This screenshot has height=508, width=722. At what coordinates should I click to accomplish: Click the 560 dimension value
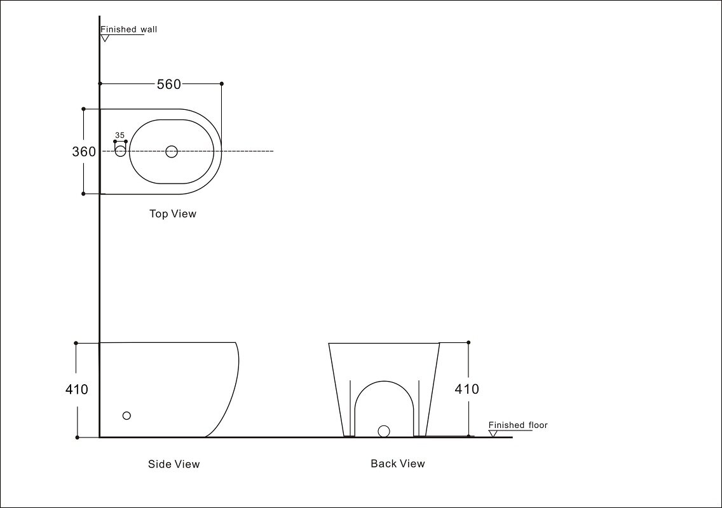(x=169, y=84)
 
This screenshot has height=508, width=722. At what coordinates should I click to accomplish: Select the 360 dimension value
(x=84, y=151)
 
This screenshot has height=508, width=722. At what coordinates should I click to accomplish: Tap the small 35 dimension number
(x=119, y=135)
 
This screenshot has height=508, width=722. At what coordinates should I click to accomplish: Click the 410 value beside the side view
(x=76, y=389)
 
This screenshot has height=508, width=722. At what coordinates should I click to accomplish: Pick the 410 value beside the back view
(x=467, y=389)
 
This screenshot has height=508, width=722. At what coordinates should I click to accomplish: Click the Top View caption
(x=173, y=213)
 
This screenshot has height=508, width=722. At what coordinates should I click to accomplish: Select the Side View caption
(x=174, y=464)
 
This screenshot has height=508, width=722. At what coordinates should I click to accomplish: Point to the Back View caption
(x=398, y=464)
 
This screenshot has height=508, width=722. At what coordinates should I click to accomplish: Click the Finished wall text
(x=129, y=29)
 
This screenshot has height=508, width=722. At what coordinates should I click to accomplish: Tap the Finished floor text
(x=518, y=425)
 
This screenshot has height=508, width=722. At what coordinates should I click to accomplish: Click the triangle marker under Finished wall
(x=105, y=38)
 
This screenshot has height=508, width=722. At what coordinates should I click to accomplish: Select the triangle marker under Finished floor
(x=493, y=434)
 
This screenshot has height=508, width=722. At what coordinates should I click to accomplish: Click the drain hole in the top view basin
(x=172, y=151)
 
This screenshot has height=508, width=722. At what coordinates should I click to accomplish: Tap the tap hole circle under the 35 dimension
(x=120, y=150)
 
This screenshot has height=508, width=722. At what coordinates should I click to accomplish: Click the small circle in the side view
(x=126, y=415)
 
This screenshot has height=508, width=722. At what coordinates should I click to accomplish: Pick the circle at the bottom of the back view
(x=384, y=431)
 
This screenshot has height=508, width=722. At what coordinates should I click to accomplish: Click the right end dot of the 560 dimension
(x=221, y=84)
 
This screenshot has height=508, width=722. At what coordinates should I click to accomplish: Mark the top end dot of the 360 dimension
(x=83, y=109)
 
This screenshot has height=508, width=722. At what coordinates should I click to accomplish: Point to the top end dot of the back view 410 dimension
(x=468, y=342)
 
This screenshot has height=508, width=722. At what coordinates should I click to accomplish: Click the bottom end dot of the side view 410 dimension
(x=77, y=437)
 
